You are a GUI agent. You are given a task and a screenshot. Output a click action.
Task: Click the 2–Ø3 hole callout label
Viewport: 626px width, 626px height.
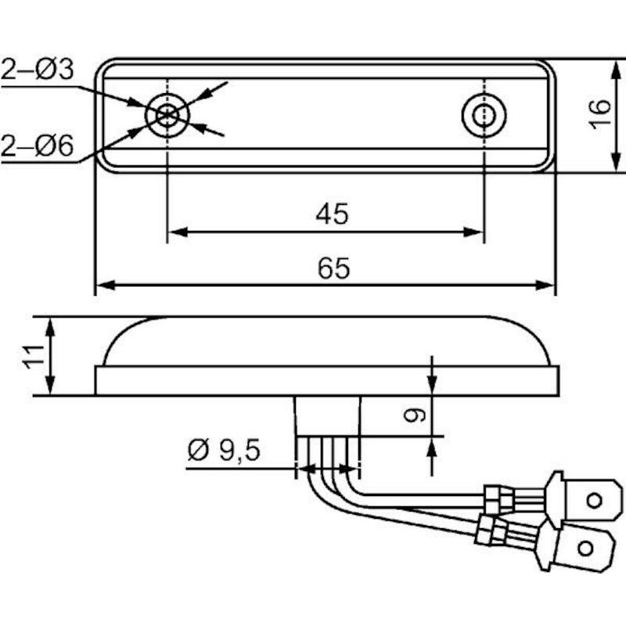coord(38,70)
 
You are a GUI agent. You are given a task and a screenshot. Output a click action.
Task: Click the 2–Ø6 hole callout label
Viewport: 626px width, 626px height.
coord(38,146)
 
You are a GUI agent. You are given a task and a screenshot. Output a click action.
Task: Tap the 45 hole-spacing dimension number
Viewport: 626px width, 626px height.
coord(332,214)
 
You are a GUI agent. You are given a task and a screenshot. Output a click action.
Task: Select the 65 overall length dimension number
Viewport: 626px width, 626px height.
coord(334,268)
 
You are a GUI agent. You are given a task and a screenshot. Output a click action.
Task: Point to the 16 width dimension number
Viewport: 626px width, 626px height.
coord(600,114)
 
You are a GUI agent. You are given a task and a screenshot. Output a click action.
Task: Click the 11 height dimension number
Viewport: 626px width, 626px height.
coord(33,357)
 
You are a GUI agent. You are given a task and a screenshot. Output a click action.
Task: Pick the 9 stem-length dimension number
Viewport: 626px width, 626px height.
coord(415,416)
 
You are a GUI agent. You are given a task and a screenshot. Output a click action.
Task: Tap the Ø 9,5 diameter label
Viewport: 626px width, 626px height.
coord(224,451)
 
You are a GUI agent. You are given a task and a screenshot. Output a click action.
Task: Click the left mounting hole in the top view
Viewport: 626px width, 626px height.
coord(167,115)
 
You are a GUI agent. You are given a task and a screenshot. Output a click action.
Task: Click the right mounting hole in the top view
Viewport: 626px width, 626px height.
coord(484,115)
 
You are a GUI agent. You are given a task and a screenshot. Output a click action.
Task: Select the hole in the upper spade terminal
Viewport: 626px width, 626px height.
coord(595,500)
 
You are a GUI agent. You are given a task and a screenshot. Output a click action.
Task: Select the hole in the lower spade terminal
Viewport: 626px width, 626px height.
coord(585,549)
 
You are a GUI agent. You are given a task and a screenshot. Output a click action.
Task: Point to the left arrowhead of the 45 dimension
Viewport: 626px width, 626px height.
coord(178,232)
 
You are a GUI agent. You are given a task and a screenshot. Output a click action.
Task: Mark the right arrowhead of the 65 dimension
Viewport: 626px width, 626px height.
coord(545,285)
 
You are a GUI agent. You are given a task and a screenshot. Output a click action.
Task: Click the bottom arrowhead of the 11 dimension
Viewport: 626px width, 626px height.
coord(49,385)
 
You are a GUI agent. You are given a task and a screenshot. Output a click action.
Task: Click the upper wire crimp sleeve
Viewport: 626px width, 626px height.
coord(498,499)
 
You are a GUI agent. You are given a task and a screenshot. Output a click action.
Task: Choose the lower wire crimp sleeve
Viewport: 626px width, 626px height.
coord(491,531)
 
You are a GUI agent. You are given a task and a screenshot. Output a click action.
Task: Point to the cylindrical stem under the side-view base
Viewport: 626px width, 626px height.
coord(327,416)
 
